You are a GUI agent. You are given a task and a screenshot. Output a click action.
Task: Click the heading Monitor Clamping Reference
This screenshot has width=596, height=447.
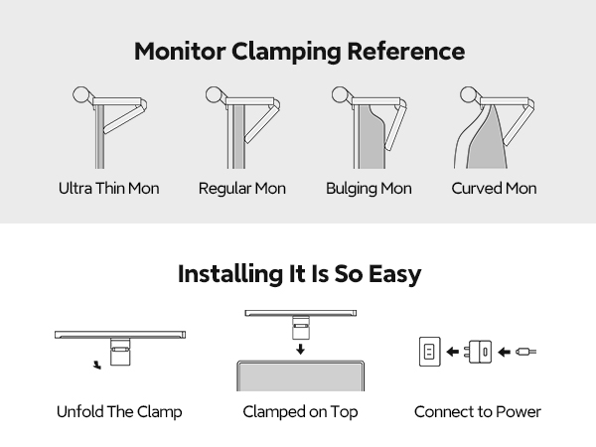point(298,51)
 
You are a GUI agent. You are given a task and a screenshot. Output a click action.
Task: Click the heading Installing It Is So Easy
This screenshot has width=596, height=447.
point(298,274)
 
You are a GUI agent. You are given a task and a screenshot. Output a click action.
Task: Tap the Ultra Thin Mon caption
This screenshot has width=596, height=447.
point(108,188)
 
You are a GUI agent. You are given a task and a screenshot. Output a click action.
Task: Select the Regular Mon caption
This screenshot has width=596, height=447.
point(241,188)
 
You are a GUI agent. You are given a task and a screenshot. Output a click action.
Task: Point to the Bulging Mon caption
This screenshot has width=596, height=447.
point(369,188)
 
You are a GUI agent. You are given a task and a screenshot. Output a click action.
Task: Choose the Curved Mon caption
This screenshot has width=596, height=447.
point(494,188)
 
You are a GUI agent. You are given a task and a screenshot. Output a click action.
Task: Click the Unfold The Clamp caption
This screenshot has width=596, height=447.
point(119,411)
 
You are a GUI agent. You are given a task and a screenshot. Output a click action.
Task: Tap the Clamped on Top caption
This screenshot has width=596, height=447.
point(300,411)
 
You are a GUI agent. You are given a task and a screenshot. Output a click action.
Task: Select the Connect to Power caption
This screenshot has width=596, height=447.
point(478,411)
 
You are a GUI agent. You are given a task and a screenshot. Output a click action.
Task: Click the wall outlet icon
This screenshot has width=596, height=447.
point(429,352)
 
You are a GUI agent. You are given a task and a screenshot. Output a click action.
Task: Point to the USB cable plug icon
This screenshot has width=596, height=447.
point(527,352)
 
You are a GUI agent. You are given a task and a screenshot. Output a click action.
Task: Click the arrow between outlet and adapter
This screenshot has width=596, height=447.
point(453,352)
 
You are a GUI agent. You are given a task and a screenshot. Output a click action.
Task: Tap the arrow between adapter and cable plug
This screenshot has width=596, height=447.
point(505,352)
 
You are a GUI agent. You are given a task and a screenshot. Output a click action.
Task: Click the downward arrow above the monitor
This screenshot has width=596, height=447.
point(300,348)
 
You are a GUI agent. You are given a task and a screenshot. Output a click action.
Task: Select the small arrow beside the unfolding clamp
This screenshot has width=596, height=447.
point(95,364)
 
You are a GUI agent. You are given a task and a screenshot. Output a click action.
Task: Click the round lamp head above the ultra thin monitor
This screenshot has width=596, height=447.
point(83,96)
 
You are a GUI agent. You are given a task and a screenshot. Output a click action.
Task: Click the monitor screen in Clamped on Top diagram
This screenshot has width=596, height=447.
point(300,378)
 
